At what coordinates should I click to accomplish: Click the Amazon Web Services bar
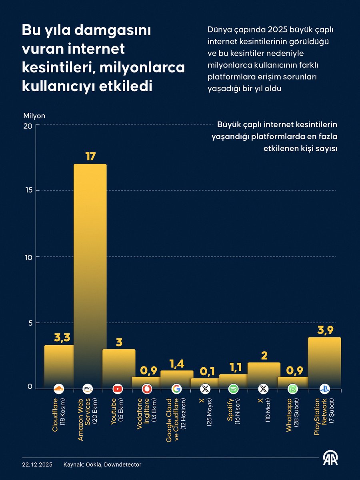[x=90, y=276]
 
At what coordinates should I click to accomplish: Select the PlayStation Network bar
[x=324, y=362]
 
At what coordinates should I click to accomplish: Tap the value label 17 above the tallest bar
[x=90, y=156]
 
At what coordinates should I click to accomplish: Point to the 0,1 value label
[x=205, y=371]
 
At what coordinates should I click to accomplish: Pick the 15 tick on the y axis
[x=28, y=191]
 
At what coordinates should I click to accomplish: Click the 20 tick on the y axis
[x=28, y=126]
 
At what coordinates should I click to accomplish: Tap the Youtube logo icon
[x=117, y=388]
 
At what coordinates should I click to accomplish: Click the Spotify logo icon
[x=234, y=388]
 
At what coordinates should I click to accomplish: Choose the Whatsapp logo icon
[x=293, y=388]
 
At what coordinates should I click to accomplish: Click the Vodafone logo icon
[x=147, y=388]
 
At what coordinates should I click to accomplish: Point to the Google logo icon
[x=176, y=388]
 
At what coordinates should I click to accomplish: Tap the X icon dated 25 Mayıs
[x=205, y=388]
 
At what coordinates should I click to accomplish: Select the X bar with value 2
[x=263, y=374]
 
